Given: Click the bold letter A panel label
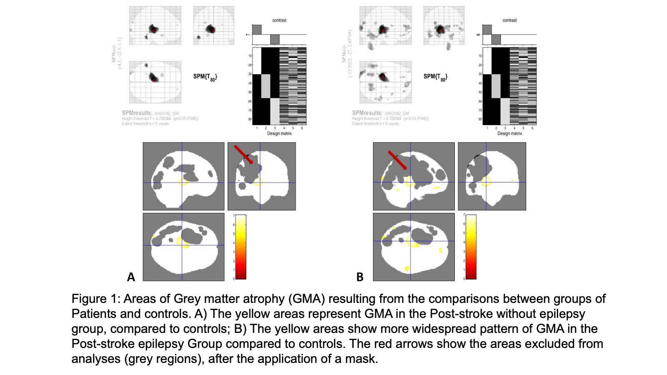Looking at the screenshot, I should pos(131,277).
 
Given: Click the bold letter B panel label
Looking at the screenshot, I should pos(360,277).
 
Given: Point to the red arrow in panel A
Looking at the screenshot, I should pos(243,155).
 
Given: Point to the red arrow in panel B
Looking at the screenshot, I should pos(397,160).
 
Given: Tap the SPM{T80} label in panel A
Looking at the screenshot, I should pos(205,77).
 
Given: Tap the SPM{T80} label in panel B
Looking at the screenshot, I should pos(435,77).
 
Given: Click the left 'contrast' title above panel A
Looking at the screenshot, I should pos(279,20).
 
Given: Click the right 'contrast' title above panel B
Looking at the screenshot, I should pos(509,20).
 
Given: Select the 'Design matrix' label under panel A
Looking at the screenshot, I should pos(279,133).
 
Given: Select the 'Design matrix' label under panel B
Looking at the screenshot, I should pos(509,133).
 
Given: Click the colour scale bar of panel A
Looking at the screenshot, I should pos(241,247).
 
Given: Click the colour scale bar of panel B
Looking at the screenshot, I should pos(471,247).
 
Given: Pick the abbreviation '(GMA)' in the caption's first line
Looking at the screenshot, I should pos(308,299).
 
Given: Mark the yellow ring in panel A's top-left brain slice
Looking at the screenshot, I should pos(184,182).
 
